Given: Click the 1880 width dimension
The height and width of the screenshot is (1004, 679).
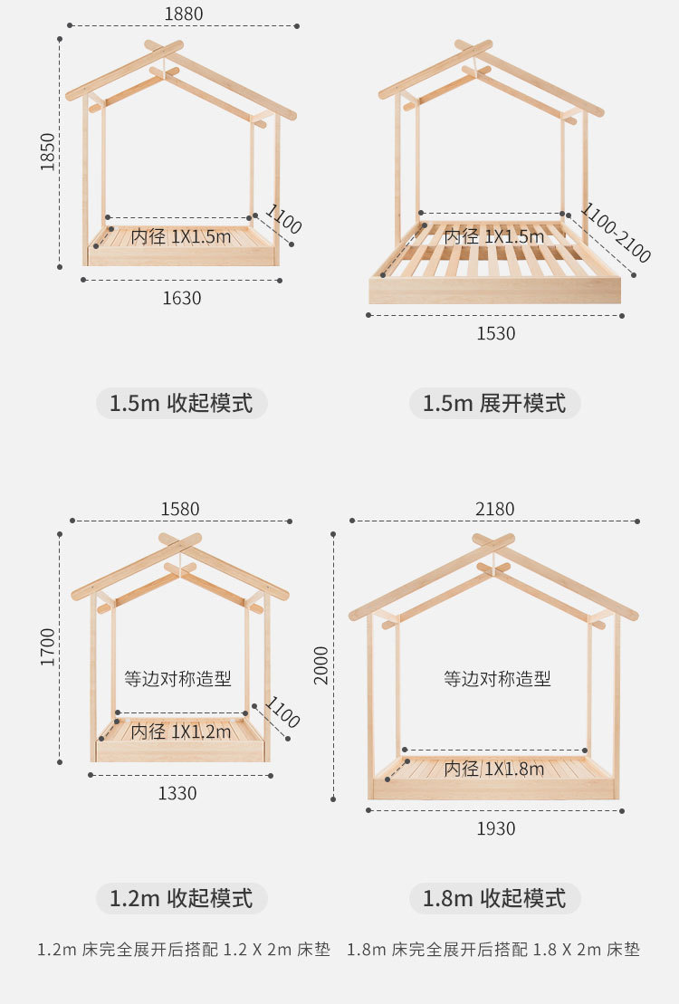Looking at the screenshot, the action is click(x=183, y=14).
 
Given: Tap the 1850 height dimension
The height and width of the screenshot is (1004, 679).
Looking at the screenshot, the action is click(x=48, y=151).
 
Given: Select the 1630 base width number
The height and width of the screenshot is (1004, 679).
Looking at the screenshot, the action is click(x=181, y=298).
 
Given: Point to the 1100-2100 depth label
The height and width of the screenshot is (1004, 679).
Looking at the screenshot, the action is click(x=616, y=234).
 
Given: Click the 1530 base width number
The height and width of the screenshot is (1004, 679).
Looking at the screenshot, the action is click(x=495, y=334).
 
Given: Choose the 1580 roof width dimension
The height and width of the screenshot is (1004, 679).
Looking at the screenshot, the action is click(x=180, y=509).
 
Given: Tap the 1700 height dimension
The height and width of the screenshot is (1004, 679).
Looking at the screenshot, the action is click(x=48, y=647).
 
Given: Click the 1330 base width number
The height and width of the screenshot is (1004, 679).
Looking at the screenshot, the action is click(x=177, y=793).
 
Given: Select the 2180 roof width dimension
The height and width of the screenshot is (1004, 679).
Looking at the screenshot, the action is click(x=494, y=509).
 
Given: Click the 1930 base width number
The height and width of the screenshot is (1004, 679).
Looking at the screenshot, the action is click(x=495, y=828).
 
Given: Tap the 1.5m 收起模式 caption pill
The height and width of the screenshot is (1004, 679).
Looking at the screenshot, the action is click(x=181, y=403).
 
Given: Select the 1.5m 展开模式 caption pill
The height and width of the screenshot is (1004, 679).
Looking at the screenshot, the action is click(x=494, y=403).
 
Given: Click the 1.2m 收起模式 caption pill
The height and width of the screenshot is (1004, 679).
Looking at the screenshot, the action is click(x=181, y=898).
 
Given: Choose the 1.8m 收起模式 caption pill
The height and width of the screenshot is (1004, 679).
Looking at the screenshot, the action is click(x=494, y=898).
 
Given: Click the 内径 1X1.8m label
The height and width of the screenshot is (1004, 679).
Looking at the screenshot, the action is click(x=494, y=770).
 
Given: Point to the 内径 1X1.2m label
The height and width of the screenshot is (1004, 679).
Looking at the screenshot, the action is click(x=181, y=731).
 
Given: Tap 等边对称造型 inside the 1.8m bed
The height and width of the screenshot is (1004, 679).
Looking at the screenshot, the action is click(x=497, y=678).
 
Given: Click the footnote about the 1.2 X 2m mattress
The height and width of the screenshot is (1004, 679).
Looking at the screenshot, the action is click(x=184, y=950).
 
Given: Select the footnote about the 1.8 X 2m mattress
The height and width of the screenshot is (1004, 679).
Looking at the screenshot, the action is click(x=493, y=950).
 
